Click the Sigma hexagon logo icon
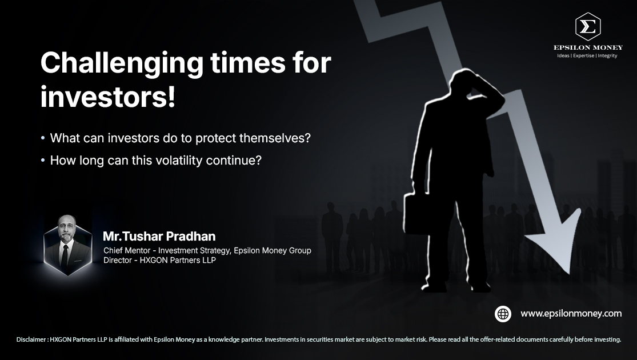tap(588, 26)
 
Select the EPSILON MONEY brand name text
tap(588, 47)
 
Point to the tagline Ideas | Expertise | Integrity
tap(587, 55)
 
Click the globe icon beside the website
tap(503, 314)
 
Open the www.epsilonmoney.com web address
tap(571, 314)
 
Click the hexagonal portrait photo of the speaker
tap(67, 245)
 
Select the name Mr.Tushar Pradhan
tap(159, 236)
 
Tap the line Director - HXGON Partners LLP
tap(159, 260)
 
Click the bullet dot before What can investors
tap(43, 138)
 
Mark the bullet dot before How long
tap(43, 160)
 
